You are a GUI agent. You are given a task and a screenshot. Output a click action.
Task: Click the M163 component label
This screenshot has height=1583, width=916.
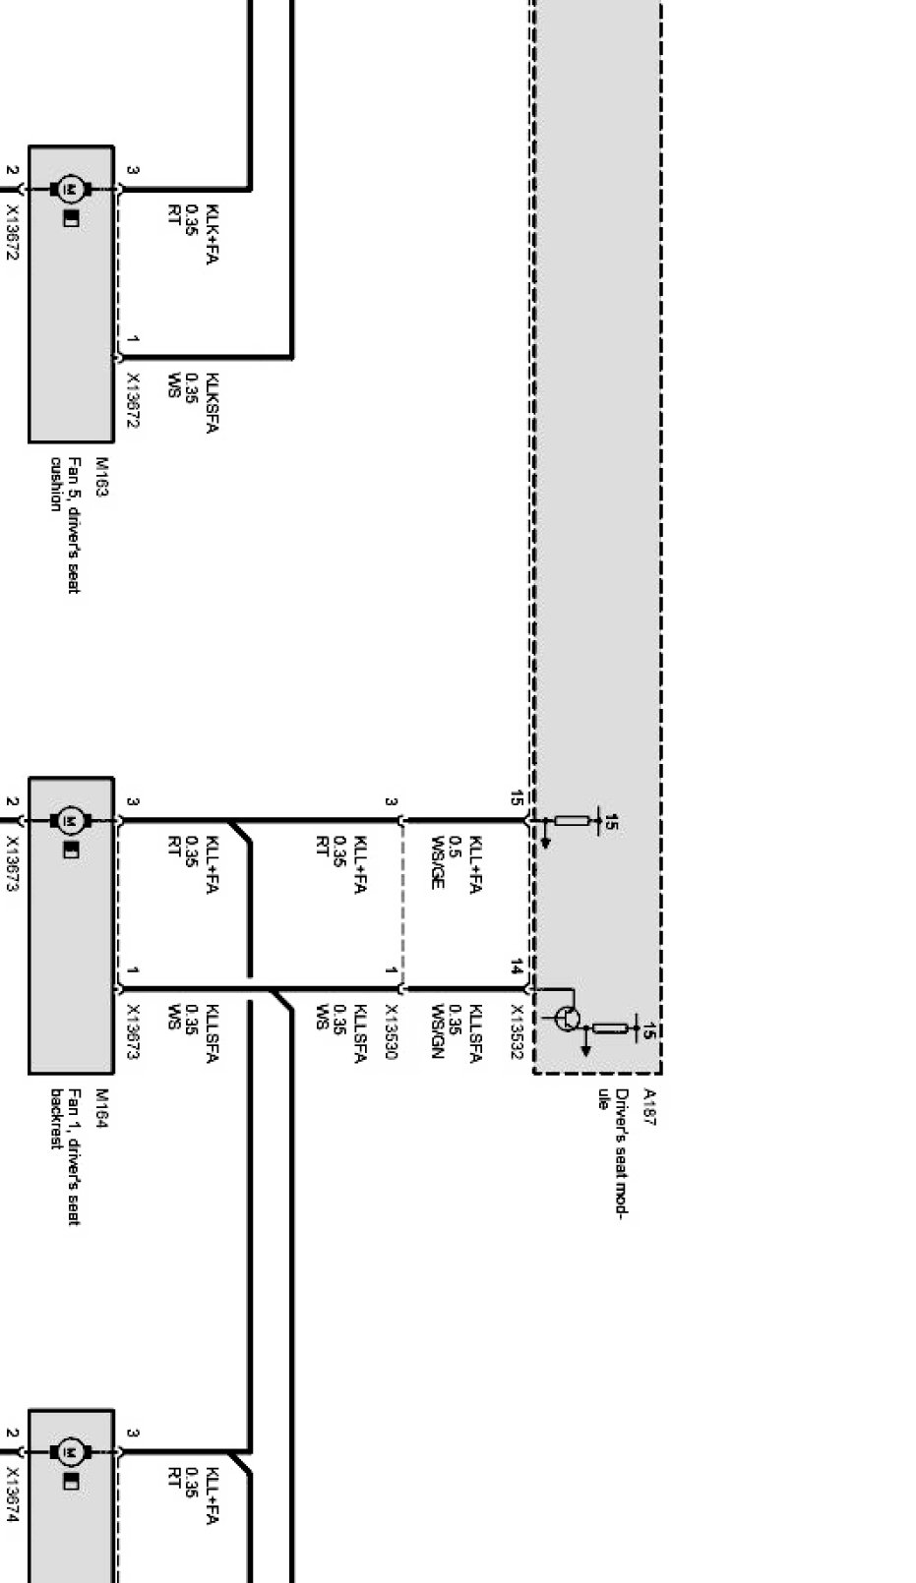pyautogui.click(x=101, y=477)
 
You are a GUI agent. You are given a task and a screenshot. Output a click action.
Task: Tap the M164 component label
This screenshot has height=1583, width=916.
pyautogui.click(x=101, y=1108)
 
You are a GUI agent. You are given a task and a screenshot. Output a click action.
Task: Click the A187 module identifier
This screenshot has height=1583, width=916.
pyautogui.click(x=649, y=1106)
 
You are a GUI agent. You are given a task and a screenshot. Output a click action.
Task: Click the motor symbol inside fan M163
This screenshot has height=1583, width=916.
pyautogui.click(x=70, y=188)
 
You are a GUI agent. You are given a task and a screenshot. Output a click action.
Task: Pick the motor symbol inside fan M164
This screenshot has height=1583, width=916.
pyautogui.click(x=70, y=819)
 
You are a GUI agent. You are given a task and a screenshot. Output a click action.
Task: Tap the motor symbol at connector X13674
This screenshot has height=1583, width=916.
pyautogui.click(x=70, y=1451)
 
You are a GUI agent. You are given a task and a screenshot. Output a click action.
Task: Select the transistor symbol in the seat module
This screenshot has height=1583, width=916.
pyautogui.click(x=568, y=1019)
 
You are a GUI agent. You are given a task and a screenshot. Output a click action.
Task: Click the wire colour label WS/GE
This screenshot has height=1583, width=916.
pyautogui.click(x=438, y=862)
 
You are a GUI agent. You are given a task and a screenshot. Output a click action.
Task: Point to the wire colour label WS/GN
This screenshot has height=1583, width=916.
pyautogui.click(x=438, y=1031)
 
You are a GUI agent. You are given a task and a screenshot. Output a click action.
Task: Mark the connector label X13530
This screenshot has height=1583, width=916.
pyautogui.click(x=391, y=1031)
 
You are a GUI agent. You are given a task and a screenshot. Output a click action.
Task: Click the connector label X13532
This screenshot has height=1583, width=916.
pyautogui.click(x=517, y=1031)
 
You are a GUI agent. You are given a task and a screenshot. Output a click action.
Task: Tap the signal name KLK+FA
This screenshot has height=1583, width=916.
pyautogui.click(x=213, y=234)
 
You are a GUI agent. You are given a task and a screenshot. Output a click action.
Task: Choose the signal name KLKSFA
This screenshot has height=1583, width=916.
pyautogui.click(x=213, y=403)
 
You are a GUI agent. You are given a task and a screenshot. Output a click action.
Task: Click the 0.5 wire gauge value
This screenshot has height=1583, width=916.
pyautogui.click(x=456, y=848)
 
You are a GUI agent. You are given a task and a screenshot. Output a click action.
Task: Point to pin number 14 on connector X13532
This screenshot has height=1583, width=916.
pyautogui.click(x=517, y=967)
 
